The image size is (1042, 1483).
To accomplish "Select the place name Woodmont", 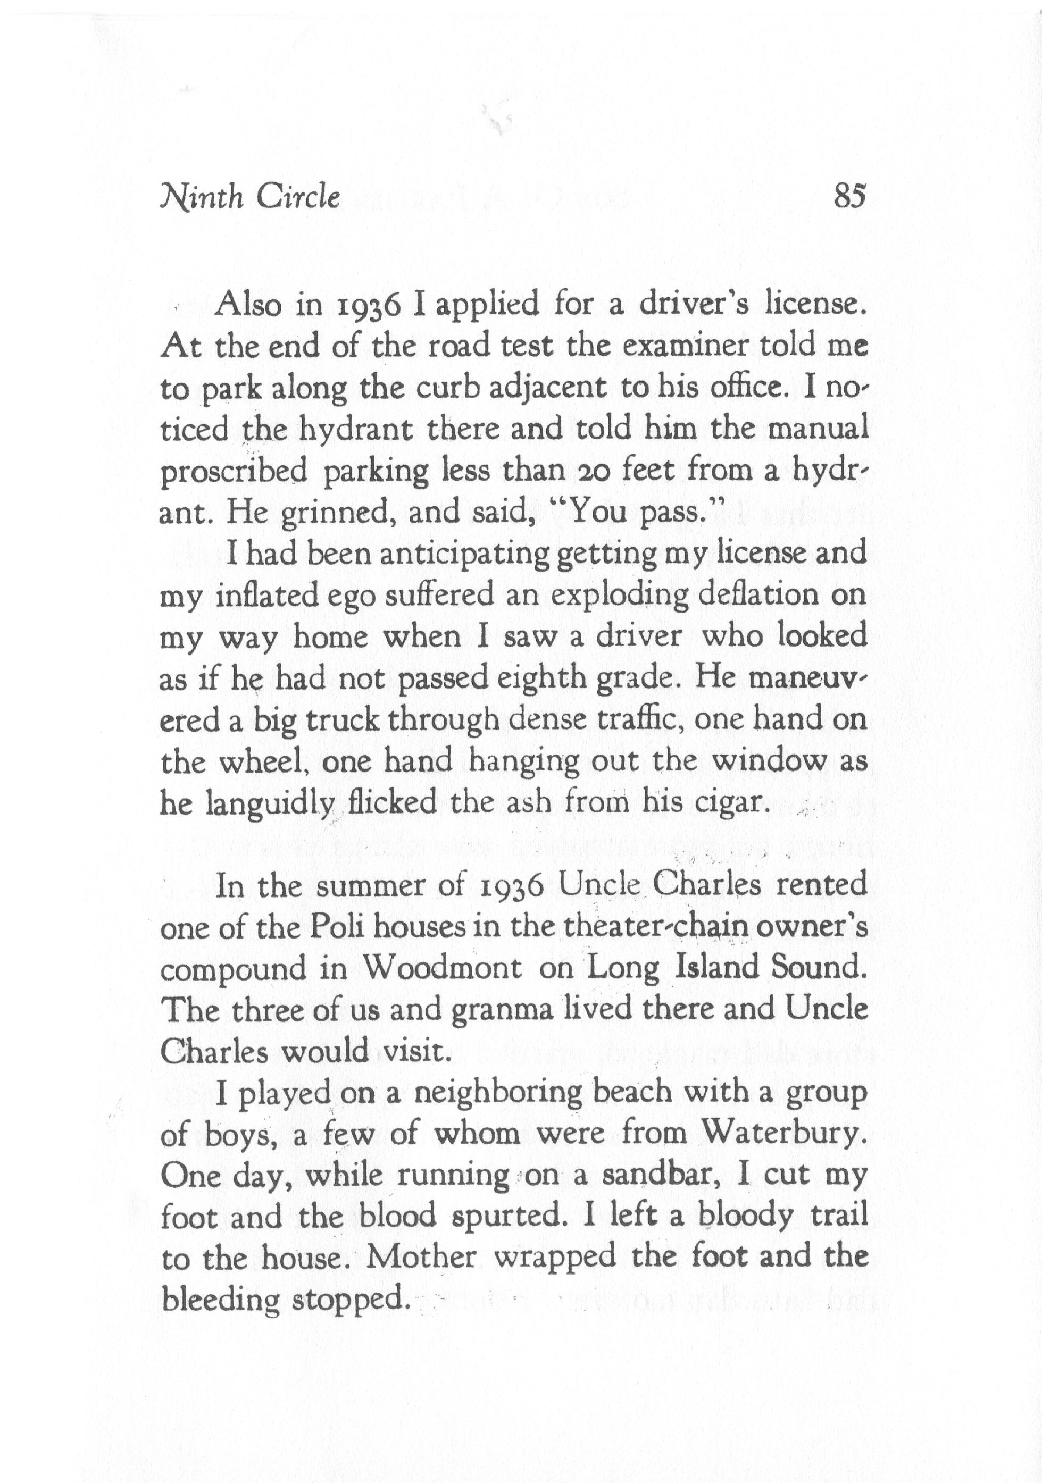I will tap(443, 969).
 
